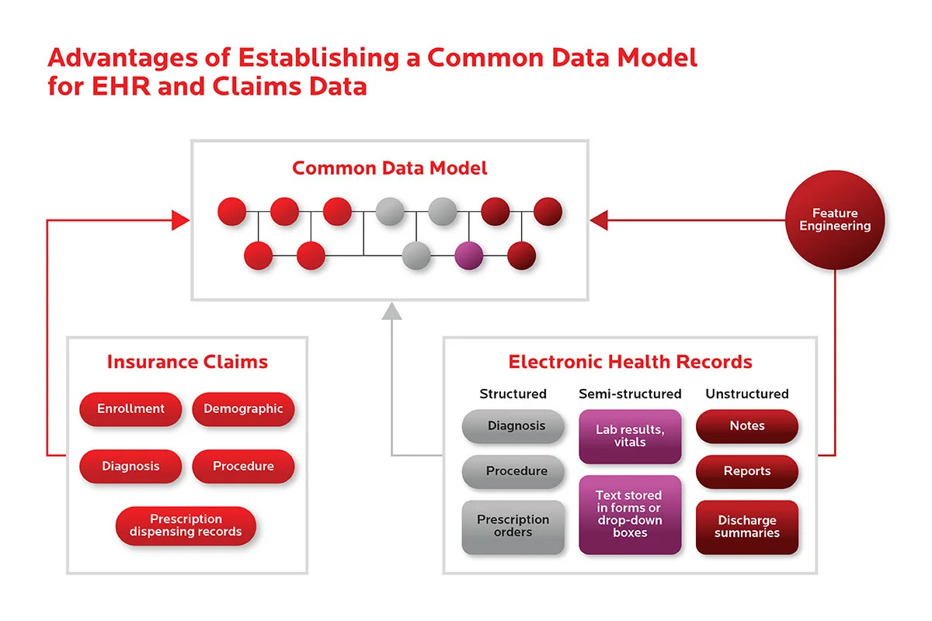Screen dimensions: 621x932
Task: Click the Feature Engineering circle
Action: tap(835, 220)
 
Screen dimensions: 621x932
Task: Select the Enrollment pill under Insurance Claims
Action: tap(130, 409)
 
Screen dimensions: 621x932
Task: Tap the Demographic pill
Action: tap(243, 409)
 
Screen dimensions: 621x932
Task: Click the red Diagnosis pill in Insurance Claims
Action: tap(130, 467)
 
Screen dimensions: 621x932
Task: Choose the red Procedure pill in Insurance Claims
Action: tap(243, 467)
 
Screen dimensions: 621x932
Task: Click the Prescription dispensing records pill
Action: tap(186, 526)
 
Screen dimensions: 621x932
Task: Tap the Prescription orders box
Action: tap(513, 526)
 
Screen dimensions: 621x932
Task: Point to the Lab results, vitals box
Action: tap(630, 436)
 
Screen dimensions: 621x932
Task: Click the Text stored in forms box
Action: tap(630, 514)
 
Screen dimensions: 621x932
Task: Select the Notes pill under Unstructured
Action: tap(746, 426)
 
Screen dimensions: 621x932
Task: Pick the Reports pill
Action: tap(746, 471)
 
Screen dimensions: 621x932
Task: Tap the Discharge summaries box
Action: tap(746, 527)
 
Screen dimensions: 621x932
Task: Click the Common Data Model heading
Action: tap(390, 168)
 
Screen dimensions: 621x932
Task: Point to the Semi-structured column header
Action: tap(630, 394)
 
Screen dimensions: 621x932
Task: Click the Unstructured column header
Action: tap(746, 394)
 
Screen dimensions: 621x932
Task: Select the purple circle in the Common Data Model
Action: tap(468, 255)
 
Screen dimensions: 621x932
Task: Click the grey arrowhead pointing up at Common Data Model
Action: tap(391, 311)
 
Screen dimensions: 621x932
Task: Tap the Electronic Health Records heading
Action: tap(630, 362)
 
